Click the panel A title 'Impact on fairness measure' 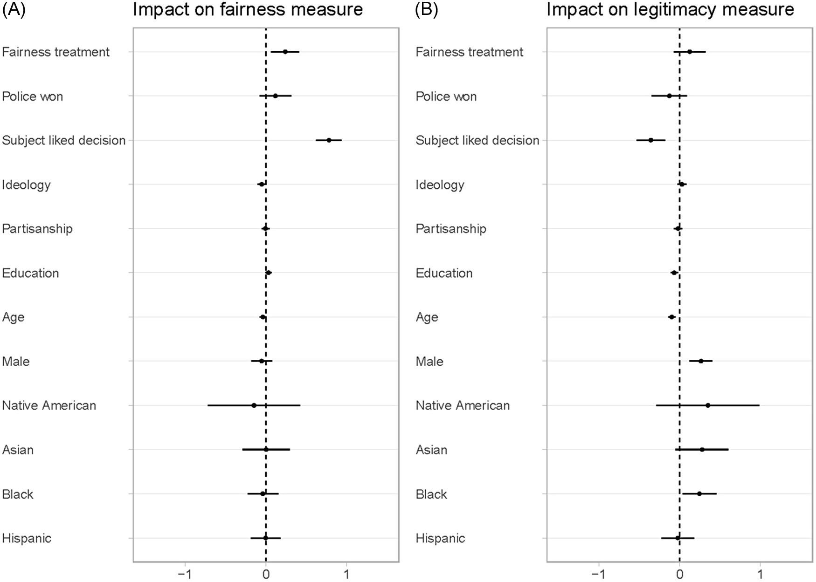pyautogui.click(x=248, y=9)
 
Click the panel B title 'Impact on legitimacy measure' pyautogui.click(x=670, y=9)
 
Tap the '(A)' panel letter pyautogui.click(x=14, y=9)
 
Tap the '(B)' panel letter pyautogui.click(x=427, y=9)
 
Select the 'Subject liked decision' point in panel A pyautogui.click(x=329, y=140)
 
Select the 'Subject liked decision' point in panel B pyautogui.click(x=651, y=140)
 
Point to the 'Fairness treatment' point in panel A pyautogui.click(x=285, y=52)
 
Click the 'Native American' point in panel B pyautogui.click(x=708, y=405)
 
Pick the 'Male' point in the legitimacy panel pyautogui.click(x=700, y=361)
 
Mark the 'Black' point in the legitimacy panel pyautogui.click(x=699, y=493)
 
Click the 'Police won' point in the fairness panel pyautogui.click(x=275, y=96)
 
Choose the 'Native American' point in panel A pyautogui.click(x=254, y=405)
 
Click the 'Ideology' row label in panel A pyautogui.click(x=26, y=185)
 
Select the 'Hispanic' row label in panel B pyautogui.click(x=440, y=539)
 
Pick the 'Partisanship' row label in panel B pyautogui.click(x=451, y=229)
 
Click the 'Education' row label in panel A pyautogui.click(x=30, y=273)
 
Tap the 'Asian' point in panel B pyautogui.click(x=702, y=450)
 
